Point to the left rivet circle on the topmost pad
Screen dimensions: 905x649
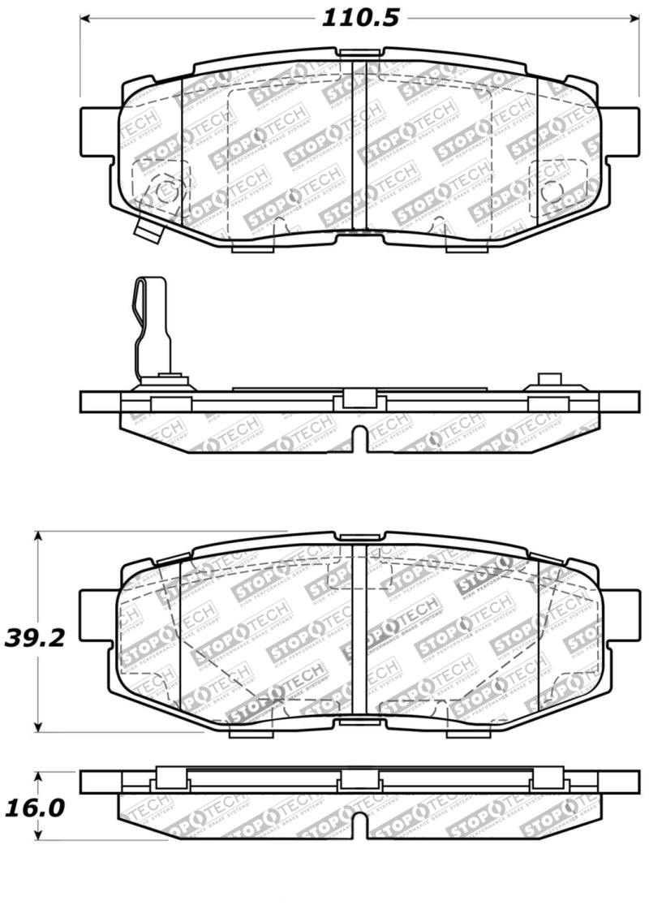pos(165,192)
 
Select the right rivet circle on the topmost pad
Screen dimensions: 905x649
pos(552,191)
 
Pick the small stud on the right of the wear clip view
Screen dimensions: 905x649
pos(551,379)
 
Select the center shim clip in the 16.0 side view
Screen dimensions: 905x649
pos(358,780)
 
